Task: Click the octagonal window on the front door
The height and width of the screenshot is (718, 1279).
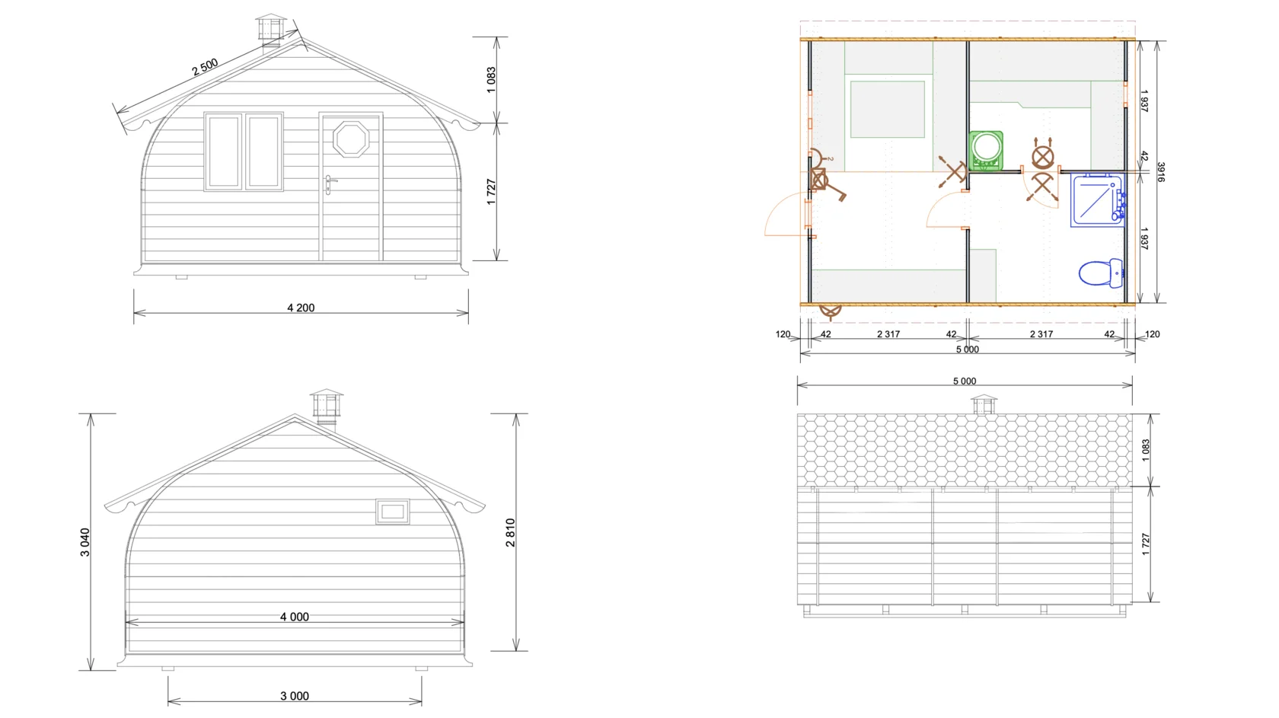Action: pos(350,139)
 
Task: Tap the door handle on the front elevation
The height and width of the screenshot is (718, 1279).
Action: pos(329,184)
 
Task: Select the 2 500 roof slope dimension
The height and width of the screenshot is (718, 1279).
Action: pos(204,67)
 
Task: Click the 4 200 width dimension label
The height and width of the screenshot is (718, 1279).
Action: pos(301,308)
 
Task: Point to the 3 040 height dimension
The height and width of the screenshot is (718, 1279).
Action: pos(85,542)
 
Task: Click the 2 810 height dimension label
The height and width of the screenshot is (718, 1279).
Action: pos(510,532)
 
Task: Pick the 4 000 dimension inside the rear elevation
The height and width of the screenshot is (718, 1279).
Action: pos(295,617)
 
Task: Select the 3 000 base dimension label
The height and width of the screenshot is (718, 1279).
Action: pos(295,696)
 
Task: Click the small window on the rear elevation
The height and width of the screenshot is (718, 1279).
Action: pos(393,511)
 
